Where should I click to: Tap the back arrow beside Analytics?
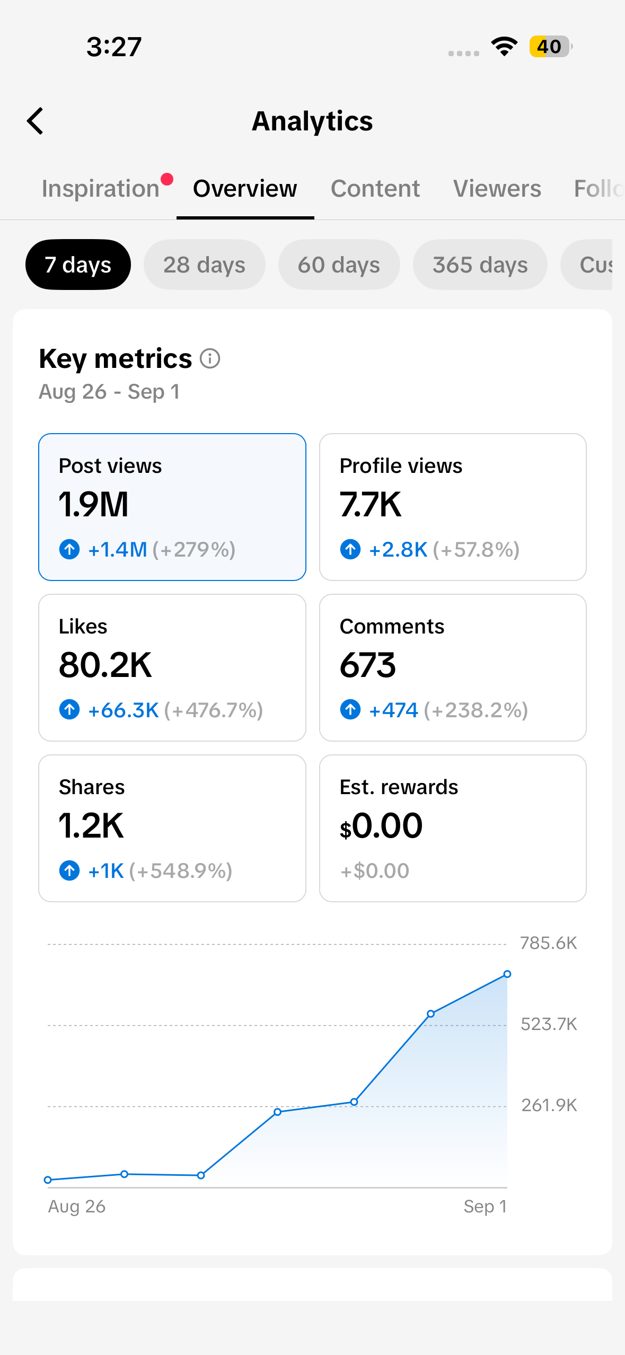point(35,121)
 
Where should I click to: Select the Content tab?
point(375,189)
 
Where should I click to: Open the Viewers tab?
point(497,189)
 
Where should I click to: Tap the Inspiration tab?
point(101,189)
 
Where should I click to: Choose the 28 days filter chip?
point(204,265)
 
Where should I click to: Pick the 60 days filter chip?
point(339,265)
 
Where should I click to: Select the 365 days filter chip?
point(480,265)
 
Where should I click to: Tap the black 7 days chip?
point(78,265)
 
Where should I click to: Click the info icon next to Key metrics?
point(210,358)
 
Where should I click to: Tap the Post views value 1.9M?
point(94,504)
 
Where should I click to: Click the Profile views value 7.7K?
point(371,504)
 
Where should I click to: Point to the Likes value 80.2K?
point(105,665)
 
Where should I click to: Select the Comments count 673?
point(368,665)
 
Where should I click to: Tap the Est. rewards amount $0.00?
point(381,826)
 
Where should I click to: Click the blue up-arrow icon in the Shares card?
point(69,870)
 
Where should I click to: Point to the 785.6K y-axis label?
point(549,943)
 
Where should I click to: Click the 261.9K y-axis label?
point(549,1105)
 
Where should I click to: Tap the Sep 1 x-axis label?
point(485,1207)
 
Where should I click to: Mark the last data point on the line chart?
point(507,974)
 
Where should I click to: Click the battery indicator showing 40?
point(550,47)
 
